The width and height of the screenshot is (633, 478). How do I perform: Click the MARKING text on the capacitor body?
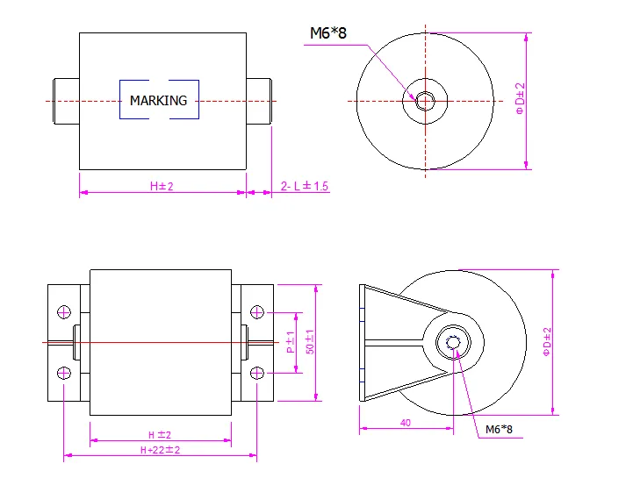pos(158,101)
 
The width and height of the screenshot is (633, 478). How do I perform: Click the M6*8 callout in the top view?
pos(327,33)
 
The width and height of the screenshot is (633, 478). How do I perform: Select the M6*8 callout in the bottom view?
pos(499,429)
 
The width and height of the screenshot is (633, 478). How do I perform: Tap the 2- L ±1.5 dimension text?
pos(305,186)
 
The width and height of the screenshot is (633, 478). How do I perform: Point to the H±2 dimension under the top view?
pos(162,186)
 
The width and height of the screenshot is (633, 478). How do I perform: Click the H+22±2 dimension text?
pos(160,450)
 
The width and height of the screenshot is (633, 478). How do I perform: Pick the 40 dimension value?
pos(406,423)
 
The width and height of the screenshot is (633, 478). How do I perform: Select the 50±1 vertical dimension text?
pos(310,342)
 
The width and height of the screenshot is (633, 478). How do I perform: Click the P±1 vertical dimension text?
pos(291,342)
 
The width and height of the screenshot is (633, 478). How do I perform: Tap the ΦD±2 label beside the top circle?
pos(521,98)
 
